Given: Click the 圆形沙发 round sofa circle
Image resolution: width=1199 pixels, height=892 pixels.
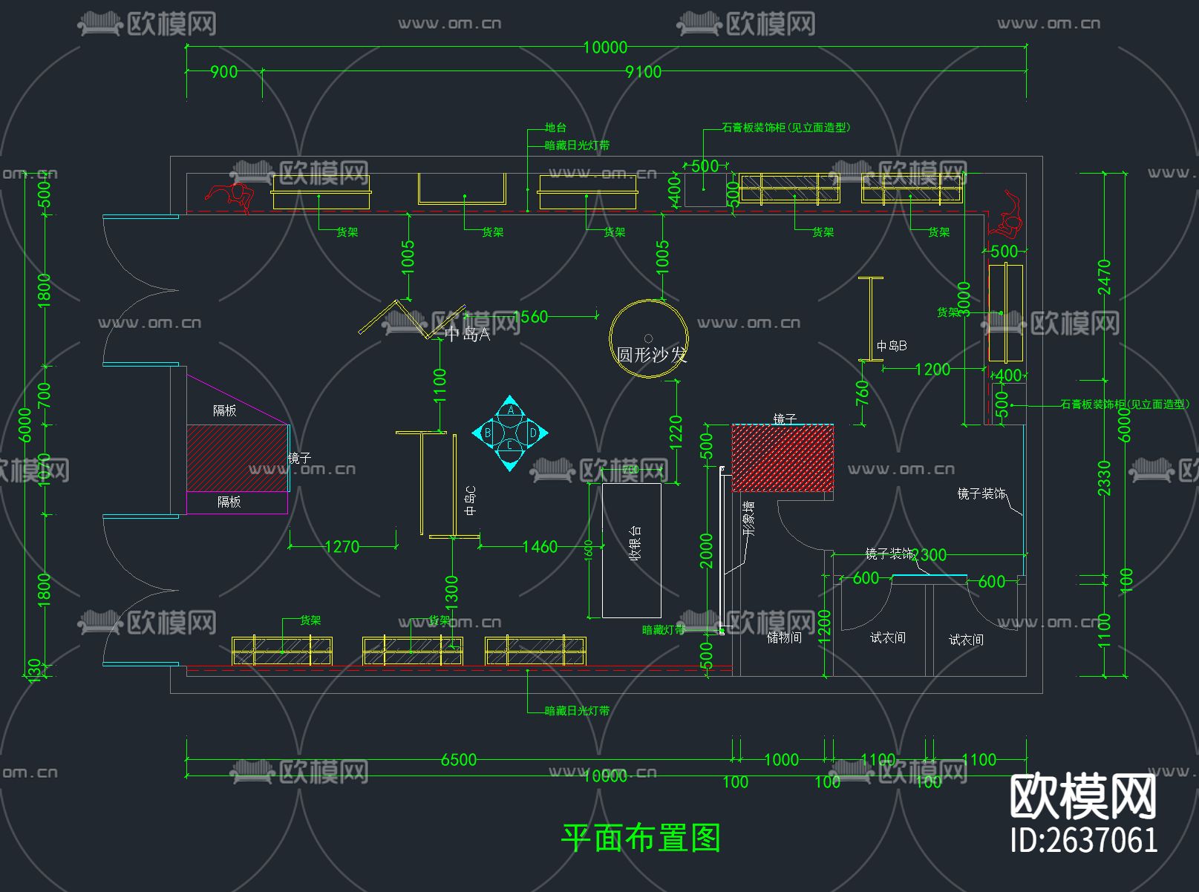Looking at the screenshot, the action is pyautogui.click(x=648, y=338).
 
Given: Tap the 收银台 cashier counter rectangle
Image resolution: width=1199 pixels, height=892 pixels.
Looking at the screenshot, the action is pyautogui.click(x=631, y=550).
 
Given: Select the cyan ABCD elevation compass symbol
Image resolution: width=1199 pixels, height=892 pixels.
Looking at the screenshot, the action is pyautogui.click(x=510, y=433).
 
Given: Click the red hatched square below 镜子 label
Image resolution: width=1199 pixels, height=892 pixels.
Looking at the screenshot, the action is pyautogui.click(x=783, y=458).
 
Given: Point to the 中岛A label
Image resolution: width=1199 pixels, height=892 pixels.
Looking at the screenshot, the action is pyautogui.click(x=468, y=335).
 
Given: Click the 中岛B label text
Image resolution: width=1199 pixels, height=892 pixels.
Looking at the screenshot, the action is pyautogui.click(x=891, y=346).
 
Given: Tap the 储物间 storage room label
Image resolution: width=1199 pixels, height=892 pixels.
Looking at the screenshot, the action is pyautogui.click(x=784, y=637).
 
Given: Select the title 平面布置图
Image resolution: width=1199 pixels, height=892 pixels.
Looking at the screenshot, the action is pyautogui.click(x=641, y=838).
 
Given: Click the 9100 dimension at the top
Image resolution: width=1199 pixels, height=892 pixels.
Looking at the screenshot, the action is pyautogui.click(x=643, y=72).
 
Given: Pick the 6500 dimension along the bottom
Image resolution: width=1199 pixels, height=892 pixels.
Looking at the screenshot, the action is pyautogui.click(x=458, y=759).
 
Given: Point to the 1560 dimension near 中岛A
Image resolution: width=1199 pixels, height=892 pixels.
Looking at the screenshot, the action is pyautogui.click(x=531, y=317).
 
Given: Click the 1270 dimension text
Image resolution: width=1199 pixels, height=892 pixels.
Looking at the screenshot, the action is pyautogui.click(x=342, y=547).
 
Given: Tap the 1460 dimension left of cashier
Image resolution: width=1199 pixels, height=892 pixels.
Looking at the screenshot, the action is pyautogui.click(x=540, y=547).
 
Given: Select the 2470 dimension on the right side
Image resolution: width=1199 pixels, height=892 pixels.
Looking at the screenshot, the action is pyautogui.click(x=1105, y=277).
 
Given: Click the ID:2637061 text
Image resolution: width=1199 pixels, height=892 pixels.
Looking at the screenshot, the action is pyautogui.click(x=1083, y=840).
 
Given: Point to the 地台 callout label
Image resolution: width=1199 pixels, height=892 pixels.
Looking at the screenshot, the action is pyautogui.click(x=555, y=128).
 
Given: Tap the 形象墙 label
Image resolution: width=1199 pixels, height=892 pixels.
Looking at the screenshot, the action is pyautogui.click(x=749, y=518).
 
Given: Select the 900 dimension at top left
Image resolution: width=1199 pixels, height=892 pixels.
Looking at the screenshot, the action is pyautogui.click(x=223, y=72).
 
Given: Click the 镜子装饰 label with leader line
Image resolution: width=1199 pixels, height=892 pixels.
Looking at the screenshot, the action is pyautogui.click(x=981, y=493).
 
